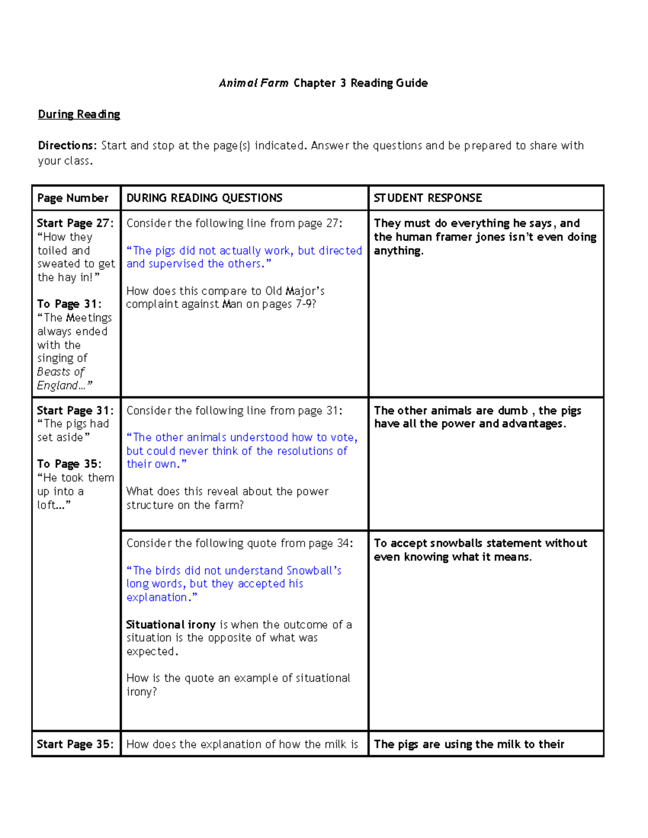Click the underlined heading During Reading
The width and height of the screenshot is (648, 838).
79,114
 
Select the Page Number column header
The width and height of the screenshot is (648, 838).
73,198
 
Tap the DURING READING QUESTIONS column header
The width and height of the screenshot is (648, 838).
204,198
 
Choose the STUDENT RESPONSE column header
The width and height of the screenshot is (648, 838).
428,198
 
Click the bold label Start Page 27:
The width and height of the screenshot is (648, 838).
75,223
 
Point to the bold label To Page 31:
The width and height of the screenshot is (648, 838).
69,304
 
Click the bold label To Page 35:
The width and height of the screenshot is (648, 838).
69,464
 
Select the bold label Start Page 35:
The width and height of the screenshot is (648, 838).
75,745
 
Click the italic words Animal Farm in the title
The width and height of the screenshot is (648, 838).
253,83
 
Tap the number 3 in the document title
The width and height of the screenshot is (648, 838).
343,83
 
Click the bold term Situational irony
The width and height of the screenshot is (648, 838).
171,625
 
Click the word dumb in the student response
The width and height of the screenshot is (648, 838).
512,411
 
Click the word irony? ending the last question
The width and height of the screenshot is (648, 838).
141,692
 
